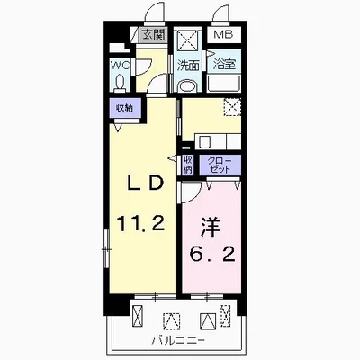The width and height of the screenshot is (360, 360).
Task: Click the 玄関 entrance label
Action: [153, 35]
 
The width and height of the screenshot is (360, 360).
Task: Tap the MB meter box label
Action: [223, 34]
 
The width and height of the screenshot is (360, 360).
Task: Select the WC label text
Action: [120, 65]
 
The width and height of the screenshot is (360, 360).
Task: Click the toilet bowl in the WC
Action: [120, 84]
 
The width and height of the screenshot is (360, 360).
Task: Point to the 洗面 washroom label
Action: [188, 66]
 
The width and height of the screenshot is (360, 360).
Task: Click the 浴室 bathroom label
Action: [224, 64]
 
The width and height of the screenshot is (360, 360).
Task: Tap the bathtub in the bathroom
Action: [224, 84]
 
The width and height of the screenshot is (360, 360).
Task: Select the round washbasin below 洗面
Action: [187, 85]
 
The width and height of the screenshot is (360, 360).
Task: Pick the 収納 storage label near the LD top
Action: [124, 108]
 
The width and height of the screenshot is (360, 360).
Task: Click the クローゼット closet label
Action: [220, 165]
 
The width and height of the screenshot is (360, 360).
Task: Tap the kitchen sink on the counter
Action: [205, 141]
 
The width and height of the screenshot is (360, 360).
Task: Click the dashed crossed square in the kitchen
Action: [232, 106]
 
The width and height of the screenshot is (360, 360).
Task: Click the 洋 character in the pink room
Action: [211, 227]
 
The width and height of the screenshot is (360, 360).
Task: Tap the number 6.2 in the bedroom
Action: [211, 254]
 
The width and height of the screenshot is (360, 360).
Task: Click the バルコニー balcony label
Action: [178, 340]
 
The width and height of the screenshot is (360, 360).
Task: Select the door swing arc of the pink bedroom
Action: [194, 195]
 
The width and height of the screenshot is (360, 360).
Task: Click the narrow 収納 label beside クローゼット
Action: [188, 165]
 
